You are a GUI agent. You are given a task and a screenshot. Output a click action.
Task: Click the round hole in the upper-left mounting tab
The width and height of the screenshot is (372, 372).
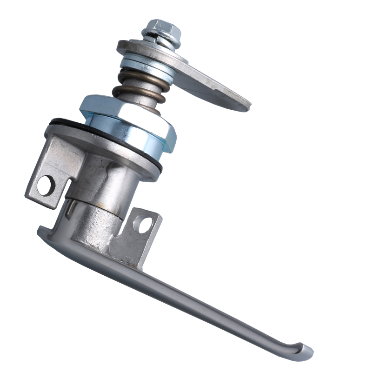(x=46, y=186)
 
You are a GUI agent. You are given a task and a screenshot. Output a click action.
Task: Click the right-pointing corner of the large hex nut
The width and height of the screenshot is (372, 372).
(x=175, y=135)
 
